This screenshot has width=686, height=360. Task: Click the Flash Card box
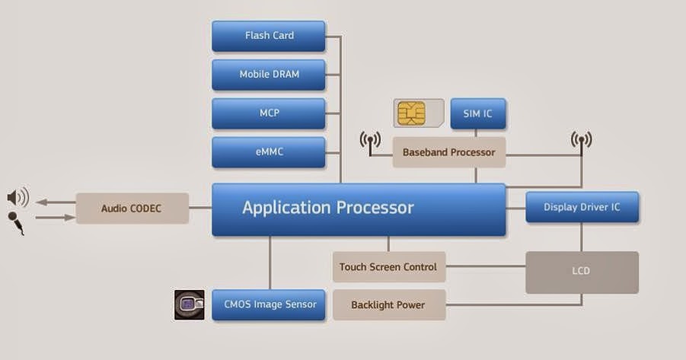click(269, 36)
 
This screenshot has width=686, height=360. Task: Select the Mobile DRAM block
click(269, 75)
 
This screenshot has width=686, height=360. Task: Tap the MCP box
click(269, 113)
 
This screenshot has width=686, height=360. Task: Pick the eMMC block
click(269, 152)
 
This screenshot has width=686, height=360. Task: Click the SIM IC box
click(478, 113)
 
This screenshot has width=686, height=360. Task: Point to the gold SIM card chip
click(411, 113)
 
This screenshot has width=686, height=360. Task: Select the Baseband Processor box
click(449, 152)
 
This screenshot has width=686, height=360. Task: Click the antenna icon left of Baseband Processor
click(370, 143)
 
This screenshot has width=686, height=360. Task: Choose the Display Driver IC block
click(582, 207)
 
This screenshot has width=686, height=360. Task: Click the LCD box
click(582, 272)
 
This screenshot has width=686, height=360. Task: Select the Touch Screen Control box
click(389, 266)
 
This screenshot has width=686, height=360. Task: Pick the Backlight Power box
click(389, 304)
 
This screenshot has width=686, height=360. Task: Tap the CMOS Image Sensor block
click(269, 305)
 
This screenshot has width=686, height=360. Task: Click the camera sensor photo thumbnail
click(190, 304)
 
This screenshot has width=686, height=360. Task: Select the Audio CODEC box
click(132, 209)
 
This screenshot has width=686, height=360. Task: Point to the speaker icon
click(18, 197)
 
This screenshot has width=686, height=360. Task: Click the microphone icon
click(16, 223)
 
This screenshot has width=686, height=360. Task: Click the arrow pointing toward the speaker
click(56, 202)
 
